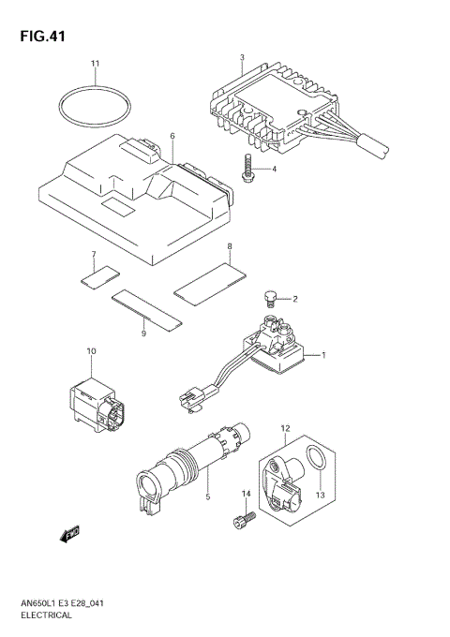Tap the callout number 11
pos(95,64)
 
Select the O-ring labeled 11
pos(95,110)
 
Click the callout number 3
pos(242,58)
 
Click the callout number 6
pos(172,137)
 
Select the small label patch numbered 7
pos(98,274)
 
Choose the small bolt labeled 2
pos(269,300)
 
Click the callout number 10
pos(91,351)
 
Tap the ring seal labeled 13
pos(318,463)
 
